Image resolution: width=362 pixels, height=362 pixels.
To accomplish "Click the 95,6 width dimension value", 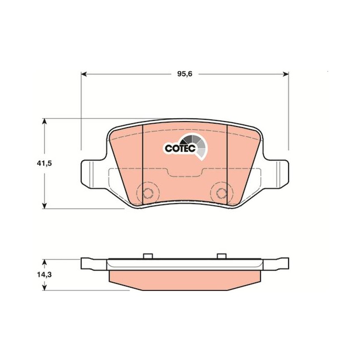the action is click(x=185, y=74).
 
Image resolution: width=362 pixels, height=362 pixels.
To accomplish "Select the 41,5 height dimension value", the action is click(x=44, y=164).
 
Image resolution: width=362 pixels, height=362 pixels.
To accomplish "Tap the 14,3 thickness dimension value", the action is click(x=44, y=275).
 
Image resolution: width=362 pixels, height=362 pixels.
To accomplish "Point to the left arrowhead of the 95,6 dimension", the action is click(x=84, y=74).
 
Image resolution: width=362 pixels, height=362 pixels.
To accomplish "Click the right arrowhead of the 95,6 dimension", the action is click(x=286, y=74).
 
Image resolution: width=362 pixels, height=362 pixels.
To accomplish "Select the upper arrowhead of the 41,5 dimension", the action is click(x=44, y=121).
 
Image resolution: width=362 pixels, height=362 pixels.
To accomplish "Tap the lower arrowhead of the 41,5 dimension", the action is click(x=44, y=206).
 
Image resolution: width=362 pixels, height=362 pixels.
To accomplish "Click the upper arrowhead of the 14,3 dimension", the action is click(x=44, y=262).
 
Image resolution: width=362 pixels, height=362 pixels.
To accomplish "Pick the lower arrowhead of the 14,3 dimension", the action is click(x=44, y=288).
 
